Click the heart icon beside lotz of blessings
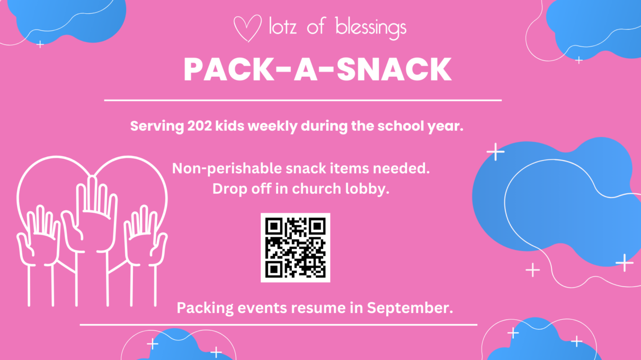pos(247,28)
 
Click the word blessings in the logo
pos(371,28)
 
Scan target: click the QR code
pos(295,247)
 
